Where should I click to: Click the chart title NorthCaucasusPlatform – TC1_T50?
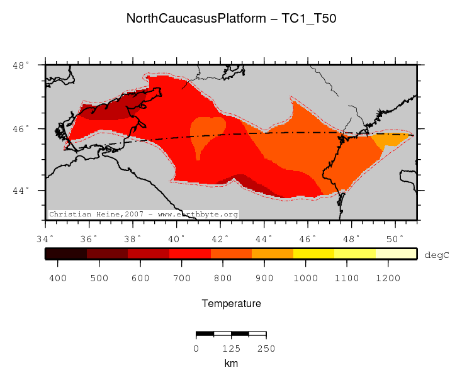tap(231, 18)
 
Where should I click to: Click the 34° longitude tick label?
tap(45, 238)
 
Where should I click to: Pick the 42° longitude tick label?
tap(220, 238)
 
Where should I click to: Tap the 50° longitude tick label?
tap(395, 238)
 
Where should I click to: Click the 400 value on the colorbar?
tap(58, 277)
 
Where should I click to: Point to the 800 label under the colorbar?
tap(224, 277)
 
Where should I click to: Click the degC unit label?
tap(437, 255)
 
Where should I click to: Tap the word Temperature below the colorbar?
tap(231, 304)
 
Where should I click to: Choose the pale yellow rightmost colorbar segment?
tap(397, 254)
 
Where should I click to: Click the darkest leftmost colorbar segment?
tap(65, 254)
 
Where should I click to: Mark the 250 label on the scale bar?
tap(266, 349)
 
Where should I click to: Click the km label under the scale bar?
tap(231, 364)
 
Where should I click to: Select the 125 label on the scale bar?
tap(231, 349)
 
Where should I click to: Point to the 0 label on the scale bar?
tap(196, 349)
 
